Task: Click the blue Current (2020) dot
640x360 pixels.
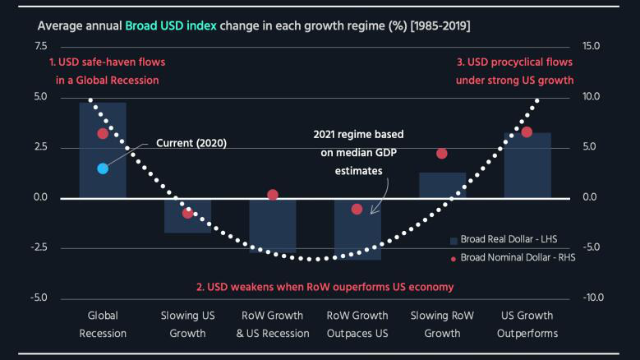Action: (103, 168)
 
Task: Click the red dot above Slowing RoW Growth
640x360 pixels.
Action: (442, 154)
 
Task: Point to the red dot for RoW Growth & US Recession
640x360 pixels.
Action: (273, 195)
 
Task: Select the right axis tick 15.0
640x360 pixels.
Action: (591, 46)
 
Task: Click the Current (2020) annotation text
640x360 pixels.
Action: (191, 142)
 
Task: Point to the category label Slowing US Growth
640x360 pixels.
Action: (187, 325)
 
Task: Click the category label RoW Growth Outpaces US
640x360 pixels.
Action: (357, 325)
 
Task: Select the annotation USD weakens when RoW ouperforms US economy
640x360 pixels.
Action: (325, 288)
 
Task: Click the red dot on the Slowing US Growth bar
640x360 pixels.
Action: (187, 213)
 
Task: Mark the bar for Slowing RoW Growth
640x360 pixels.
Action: (442, 185)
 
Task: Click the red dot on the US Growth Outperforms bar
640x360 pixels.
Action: (527, 132)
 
